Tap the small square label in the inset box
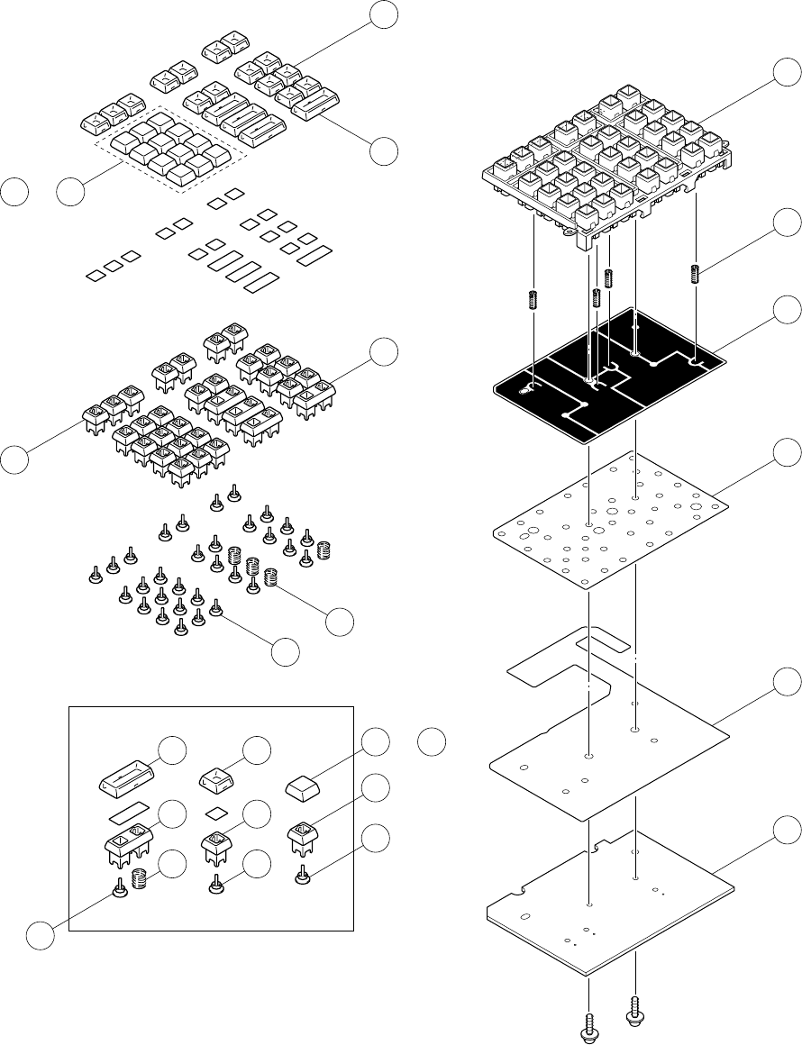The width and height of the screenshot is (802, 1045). [x=215, y=813]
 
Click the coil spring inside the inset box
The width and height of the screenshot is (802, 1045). [x=140, y=877]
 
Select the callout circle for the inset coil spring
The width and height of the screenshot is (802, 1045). [x=172, y=862]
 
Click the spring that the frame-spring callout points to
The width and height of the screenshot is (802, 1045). [x=695, y=272]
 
